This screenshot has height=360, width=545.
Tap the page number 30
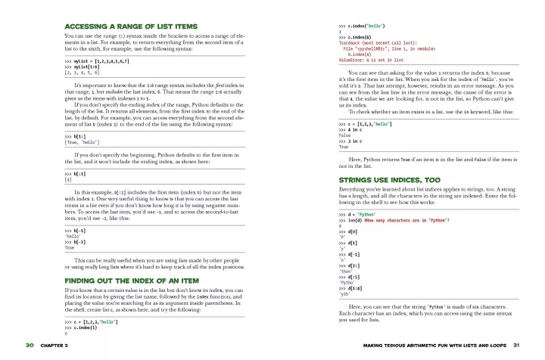tap(30, 345)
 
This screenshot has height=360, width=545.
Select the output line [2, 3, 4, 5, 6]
tap(83, 73)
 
